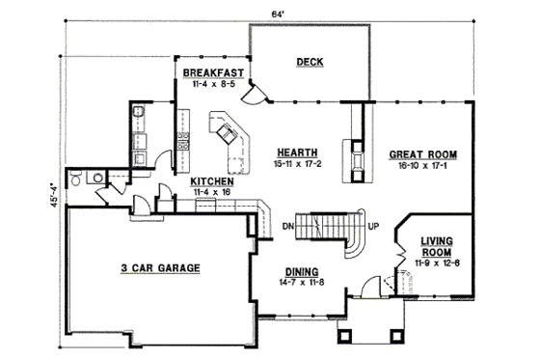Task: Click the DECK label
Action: (x=310, y=63)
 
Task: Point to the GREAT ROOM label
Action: (x=422, y=153)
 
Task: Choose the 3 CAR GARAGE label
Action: (x=160, y=268)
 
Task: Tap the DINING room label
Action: (x=302, y=272)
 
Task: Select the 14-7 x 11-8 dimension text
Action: (x=302, y=283)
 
